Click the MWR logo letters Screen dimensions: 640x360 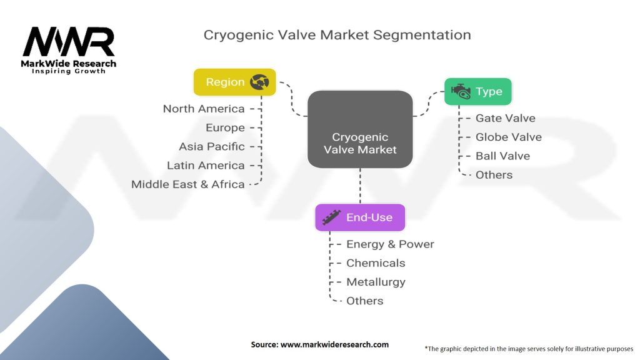coord(69,42)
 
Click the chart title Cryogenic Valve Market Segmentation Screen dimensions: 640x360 coord(337,35)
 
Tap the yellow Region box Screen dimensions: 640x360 coord(235,82)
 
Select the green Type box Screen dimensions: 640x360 coord(478,91)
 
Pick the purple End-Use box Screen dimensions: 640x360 coord(360,217)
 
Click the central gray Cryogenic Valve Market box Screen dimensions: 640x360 coord(360,129)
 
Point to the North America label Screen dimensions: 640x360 coord(204,109)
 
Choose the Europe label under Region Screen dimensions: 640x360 coord(225,127)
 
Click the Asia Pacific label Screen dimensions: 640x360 coord(212,146)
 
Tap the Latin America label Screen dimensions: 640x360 coord(206,165)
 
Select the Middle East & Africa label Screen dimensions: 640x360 coord(187,184)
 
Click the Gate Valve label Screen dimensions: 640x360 coord(505,118)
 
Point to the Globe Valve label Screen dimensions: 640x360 coord(509,137)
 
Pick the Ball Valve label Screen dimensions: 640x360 coord(503,156)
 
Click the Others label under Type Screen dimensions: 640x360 coord(494,175)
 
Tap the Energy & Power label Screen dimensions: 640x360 coord(390,244)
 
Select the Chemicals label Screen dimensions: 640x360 coord(376,263)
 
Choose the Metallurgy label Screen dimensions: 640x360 coord(376,282)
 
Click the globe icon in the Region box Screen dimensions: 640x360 coord(259,82)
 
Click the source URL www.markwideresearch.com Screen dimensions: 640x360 coord(334,344)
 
